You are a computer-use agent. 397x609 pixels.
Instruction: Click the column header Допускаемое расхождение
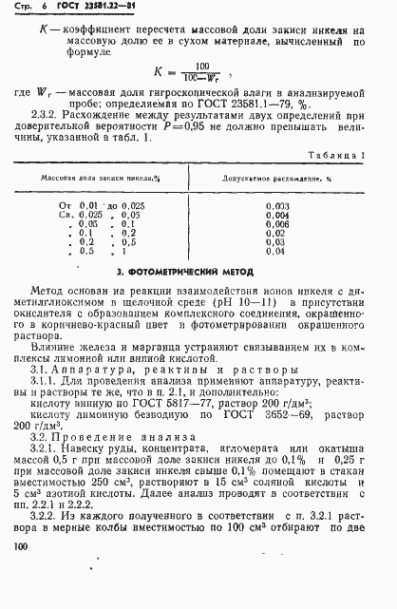[x=279, y=178]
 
